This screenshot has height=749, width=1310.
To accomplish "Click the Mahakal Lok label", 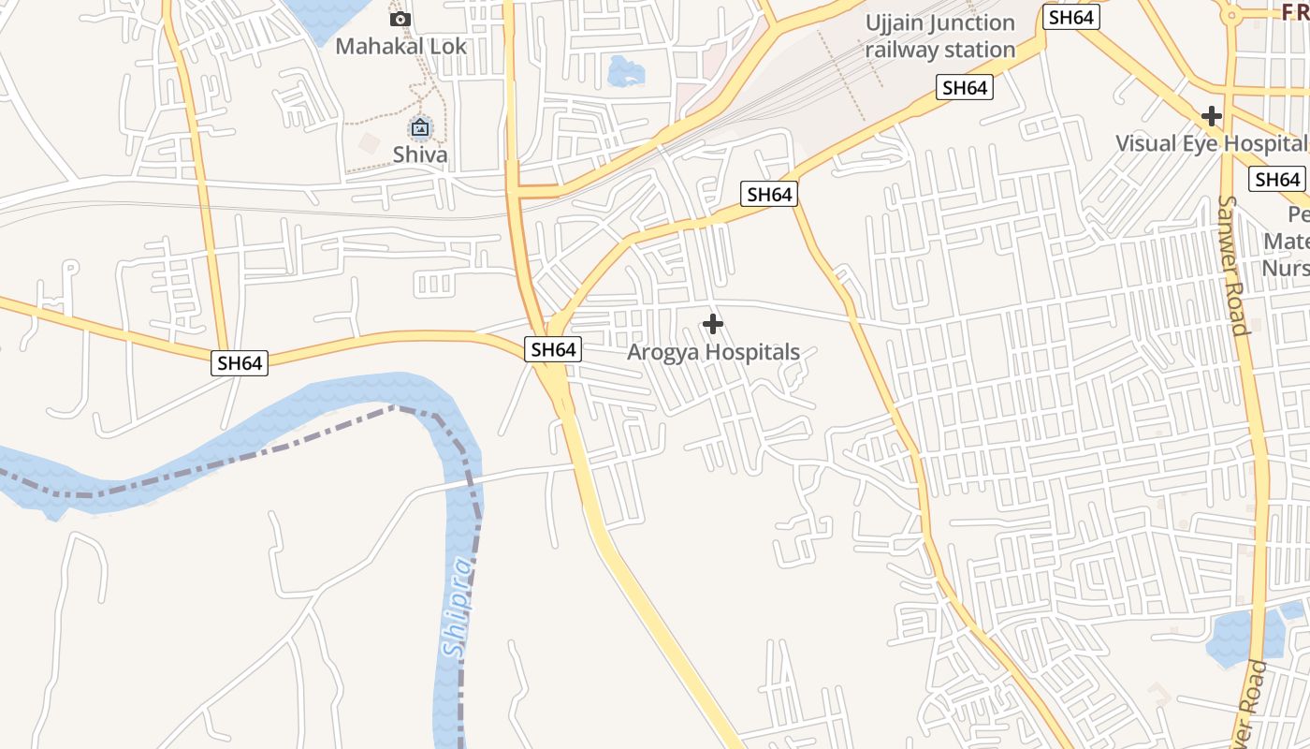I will [x=400, y=46].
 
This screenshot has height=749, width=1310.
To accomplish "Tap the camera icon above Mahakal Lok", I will [x=400, y=19].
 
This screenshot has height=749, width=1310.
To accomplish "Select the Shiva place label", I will [x=420, y=154].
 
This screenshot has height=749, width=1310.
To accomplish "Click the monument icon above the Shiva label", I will [x=420, y=127].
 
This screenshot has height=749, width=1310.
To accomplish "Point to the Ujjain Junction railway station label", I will [x=939, y=36].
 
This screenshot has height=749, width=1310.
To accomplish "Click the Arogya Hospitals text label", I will [x=713, y=352].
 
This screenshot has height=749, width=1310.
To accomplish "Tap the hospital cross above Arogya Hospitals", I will [x=713, y=324].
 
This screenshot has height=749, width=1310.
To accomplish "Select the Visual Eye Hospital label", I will [x=1211, y=143].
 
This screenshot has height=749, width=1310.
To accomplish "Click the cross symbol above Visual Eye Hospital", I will [x=1212, y=116].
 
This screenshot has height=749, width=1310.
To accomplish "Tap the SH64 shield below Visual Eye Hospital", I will [x=1278, y=179].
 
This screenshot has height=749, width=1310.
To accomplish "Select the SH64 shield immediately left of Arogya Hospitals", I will [x=553, y=349].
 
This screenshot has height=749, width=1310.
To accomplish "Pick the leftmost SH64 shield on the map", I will [x=240, y=362].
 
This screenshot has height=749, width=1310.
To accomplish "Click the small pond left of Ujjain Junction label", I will [x=625, y=71].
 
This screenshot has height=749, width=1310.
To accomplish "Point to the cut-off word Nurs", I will [x=1287, y=268].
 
